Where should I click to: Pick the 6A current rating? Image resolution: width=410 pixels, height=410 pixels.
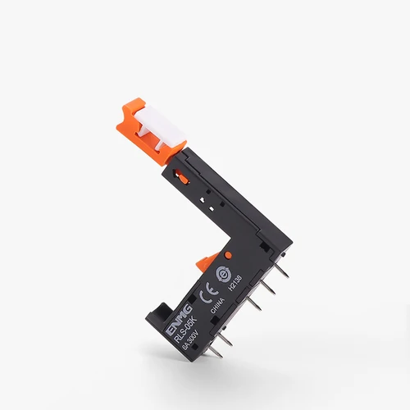(x=181, y=345)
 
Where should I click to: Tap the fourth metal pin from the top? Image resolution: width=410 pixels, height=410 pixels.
(x=222, y=339)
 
